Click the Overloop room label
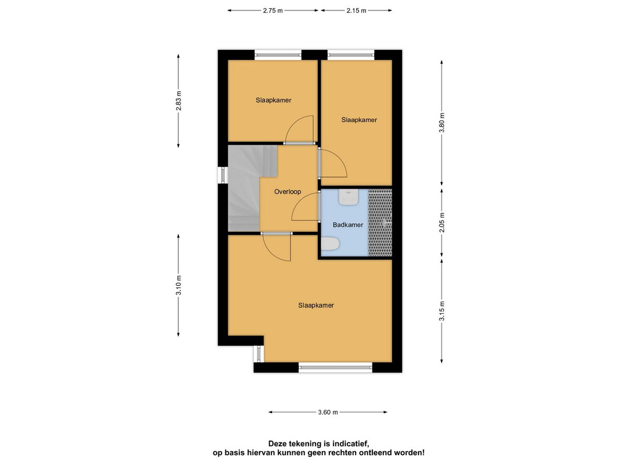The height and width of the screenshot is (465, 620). tap(288, 192)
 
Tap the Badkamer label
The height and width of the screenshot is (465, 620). tap(348, 224)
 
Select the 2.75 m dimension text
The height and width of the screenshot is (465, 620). tap(273, 10)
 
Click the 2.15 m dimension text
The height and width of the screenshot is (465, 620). tap(356, 10)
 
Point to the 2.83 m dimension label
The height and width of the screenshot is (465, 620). tap(178, 101)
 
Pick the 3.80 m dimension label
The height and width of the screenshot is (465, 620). tap(442, 123)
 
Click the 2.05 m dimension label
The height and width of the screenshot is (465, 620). tap(442, 222)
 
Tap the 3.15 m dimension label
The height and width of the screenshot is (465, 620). tap(442, 311)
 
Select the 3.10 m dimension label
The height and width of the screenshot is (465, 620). tap(178, 285)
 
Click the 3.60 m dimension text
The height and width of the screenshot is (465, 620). tap(328, 412)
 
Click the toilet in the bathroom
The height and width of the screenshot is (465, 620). tap(330, 244)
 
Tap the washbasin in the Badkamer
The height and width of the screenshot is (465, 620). tap(349, 197)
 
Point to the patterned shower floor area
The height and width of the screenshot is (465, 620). tap(380, 223)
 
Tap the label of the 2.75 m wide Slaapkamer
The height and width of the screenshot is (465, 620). tap(273, 100)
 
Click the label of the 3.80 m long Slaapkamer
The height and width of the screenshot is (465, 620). tap(359, 120)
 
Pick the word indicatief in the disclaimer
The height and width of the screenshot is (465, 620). tap(350, 443)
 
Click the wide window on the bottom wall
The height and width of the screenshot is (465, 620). tap(335, 367)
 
